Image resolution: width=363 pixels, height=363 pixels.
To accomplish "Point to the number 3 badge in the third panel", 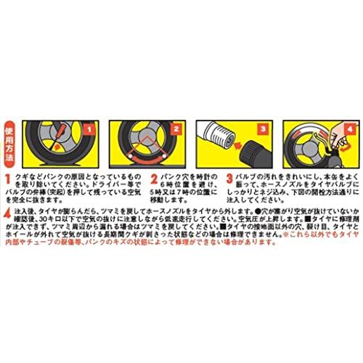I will pos(264,129).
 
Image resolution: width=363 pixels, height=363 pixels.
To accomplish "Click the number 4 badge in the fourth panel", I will pos(348,129).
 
